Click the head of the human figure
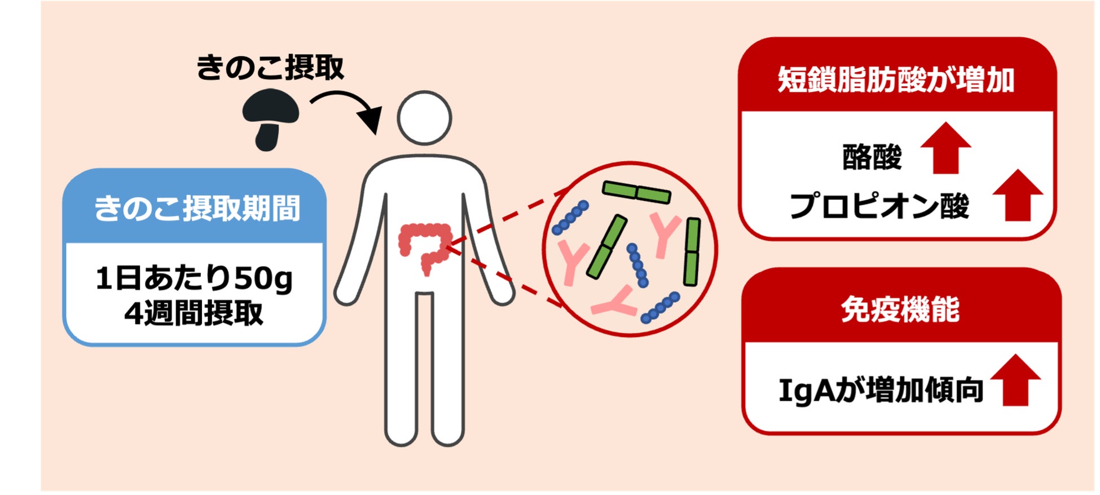424,118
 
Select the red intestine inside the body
424,246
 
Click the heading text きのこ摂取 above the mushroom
270,68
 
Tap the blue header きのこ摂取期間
196,208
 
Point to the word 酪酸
872,157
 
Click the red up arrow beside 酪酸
945,147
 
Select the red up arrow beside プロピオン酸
1018,195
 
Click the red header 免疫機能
900,310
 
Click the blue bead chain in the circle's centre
637,264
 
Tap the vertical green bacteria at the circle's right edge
691,251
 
